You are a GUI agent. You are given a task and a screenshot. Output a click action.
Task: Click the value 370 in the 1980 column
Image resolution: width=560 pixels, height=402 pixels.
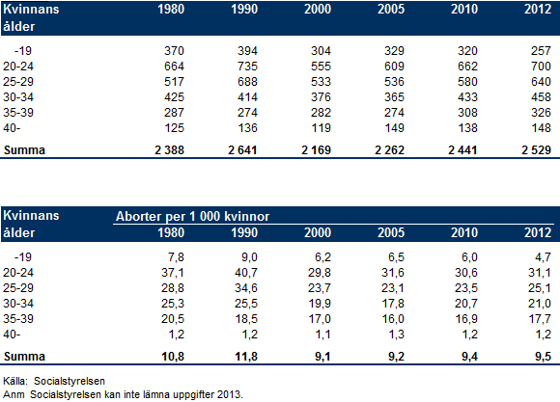(174, 51)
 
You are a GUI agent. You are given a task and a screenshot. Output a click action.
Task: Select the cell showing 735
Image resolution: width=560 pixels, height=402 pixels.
(247, 66)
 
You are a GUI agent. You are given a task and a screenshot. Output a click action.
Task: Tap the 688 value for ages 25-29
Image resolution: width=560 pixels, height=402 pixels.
(247, 81)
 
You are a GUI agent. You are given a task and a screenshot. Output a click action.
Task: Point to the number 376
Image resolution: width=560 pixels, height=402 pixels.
(321, 96)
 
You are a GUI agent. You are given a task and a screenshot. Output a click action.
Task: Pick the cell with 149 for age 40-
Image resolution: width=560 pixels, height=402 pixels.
(394, 127)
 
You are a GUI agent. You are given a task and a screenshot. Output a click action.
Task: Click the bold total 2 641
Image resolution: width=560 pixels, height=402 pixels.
(242, 149)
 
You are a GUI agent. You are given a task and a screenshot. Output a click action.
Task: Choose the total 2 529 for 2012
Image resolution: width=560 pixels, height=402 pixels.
(536, 149)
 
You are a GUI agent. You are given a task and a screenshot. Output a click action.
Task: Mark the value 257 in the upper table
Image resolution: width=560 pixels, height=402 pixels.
(541, 51)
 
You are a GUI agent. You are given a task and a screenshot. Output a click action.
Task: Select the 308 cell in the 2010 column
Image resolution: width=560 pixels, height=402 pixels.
(467, 113)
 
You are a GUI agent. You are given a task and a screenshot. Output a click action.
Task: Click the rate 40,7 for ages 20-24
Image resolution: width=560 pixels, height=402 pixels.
(246, 273)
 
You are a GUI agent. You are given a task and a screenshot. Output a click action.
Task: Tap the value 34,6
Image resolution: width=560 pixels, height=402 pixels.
(246, 288)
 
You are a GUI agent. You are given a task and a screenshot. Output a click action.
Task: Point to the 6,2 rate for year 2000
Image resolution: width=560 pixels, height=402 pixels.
(322, 257)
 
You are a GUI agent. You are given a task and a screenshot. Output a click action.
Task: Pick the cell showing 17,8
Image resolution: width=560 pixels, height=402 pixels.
(393, 304)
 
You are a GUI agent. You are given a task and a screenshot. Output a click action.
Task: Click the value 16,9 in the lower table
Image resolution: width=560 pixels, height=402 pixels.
(466, 318)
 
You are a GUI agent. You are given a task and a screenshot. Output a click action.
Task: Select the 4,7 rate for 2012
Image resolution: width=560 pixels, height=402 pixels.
(544, 257)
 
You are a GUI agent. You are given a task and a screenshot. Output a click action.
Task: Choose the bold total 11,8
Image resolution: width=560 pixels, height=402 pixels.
(246, 356)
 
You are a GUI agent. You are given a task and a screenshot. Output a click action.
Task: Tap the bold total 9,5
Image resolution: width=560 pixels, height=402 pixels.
(544, 356)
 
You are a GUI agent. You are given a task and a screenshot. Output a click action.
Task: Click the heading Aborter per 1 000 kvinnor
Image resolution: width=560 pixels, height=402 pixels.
(192, 216)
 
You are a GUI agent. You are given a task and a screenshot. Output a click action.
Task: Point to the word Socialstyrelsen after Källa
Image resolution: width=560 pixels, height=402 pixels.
(70, 381)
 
